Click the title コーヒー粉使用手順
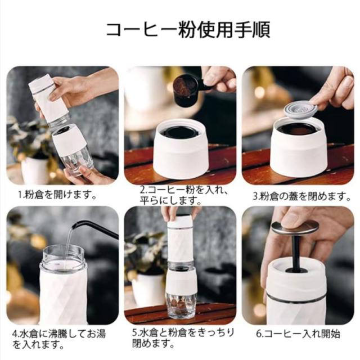pyautogui.click(x=188, y=29)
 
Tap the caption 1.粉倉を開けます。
pyautogui.click(x=57, y=195)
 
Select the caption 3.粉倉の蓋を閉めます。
pyautogui.click(x=302, y=196)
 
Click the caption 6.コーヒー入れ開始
pyautogui.click(x=298, y=334)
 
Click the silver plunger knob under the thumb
pyautogui.click(x=295, y=227)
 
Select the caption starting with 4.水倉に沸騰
pyautogui.click(x=59, y=339)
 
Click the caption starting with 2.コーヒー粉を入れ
pyautogui.click(x=183, y=196)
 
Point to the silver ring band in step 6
pyautogui.click(x=296, y=298)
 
